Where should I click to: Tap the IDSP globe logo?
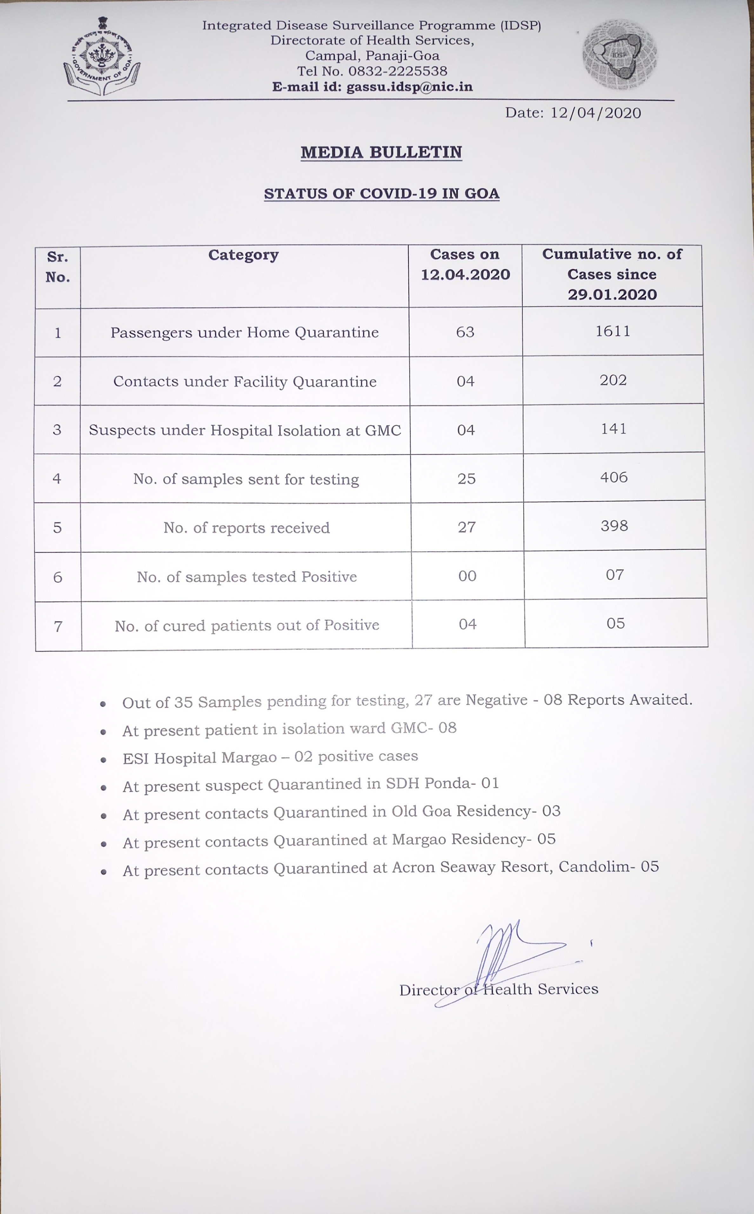coord(619,55)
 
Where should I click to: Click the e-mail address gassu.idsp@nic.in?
coord(410,87)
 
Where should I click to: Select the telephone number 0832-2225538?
coord(397,71)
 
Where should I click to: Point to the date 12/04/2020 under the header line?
coord(595,113)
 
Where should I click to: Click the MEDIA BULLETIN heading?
coord(382,152)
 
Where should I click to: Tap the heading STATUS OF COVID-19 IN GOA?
coord(382,193)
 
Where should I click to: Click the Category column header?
coord(244,255)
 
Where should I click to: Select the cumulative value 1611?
coord(613,331)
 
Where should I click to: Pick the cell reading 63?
coord(465,332)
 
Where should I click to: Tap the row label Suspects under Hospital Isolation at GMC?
coord(245,430)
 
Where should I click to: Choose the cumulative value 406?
coord(614,478)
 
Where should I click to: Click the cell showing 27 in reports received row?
coord(467,527)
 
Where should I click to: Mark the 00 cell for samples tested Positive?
coord(467,576)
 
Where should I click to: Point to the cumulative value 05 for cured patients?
coord(615,624)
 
